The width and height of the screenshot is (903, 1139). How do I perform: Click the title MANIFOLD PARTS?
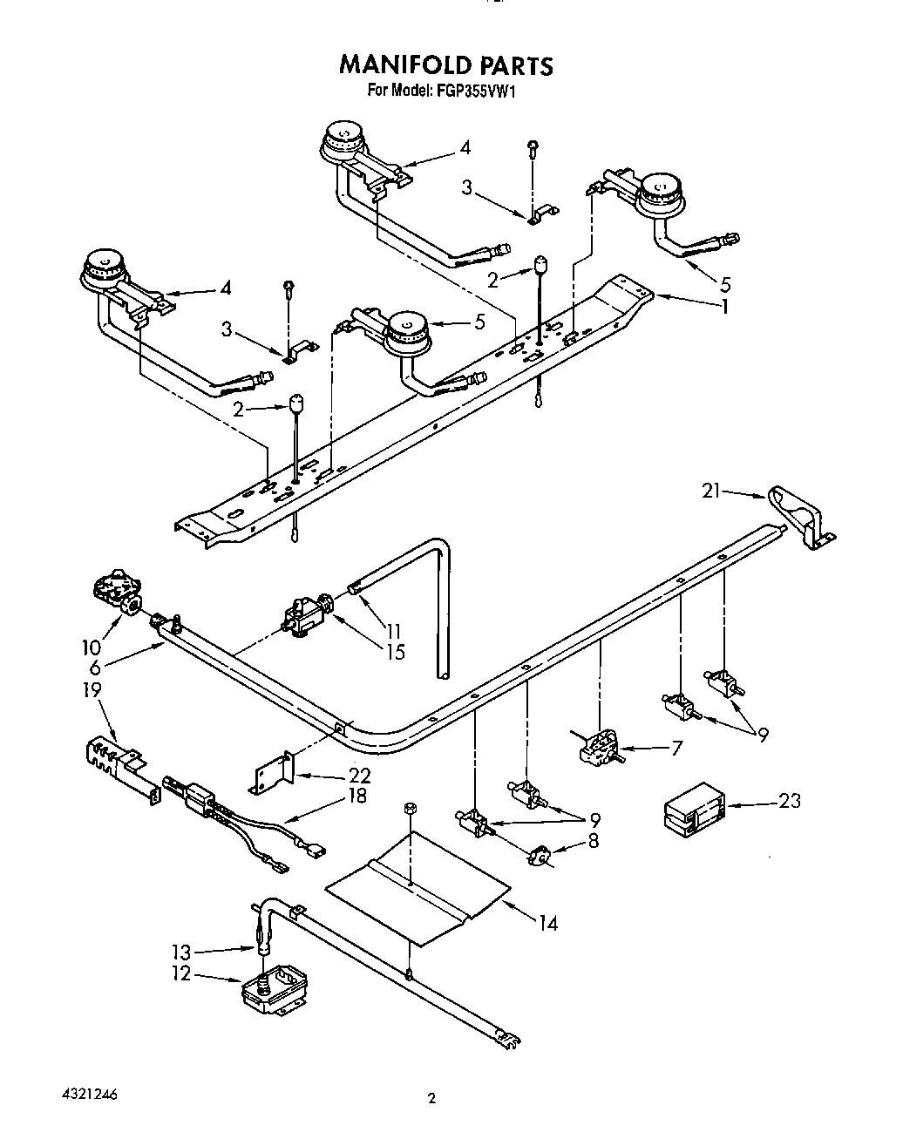pos(445,65)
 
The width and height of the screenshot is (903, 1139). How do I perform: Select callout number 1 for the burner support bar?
pos(724,306)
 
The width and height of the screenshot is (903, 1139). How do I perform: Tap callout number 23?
pos(789,800)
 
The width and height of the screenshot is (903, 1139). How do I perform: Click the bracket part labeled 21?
pos(802,519)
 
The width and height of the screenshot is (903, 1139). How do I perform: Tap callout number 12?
pos(181,973)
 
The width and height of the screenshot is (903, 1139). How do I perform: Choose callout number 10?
pos(91,647)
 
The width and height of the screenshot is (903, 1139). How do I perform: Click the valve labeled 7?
pos(598,746)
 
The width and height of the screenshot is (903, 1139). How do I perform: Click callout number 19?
pos(92,690)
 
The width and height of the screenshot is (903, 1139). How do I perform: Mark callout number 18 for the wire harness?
pos(356,795)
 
